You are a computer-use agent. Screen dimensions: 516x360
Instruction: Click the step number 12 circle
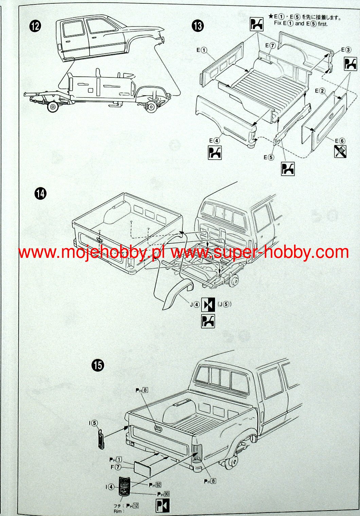pos(35,26)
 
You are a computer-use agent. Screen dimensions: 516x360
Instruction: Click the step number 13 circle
pos(198,26)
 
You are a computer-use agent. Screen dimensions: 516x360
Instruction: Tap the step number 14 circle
pos(40,194)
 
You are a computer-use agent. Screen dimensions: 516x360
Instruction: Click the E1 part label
pos(202,50)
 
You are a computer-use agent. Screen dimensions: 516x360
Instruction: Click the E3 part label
pos(346,50)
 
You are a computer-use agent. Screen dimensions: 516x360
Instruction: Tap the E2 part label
pos(320,91)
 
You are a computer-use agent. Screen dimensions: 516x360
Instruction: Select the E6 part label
pos(340,141)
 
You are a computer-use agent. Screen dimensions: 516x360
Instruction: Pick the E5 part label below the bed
pos(268,157)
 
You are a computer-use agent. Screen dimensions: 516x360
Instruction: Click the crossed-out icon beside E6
pos(340,152)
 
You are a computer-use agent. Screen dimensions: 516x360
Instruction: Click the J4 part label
pos(195,304)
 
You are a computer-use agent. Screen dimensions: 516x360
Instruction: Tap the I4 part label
pos(109,487)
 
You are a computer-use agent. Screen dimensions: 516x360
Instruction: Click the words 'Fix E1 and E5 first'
pos(301,24)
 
